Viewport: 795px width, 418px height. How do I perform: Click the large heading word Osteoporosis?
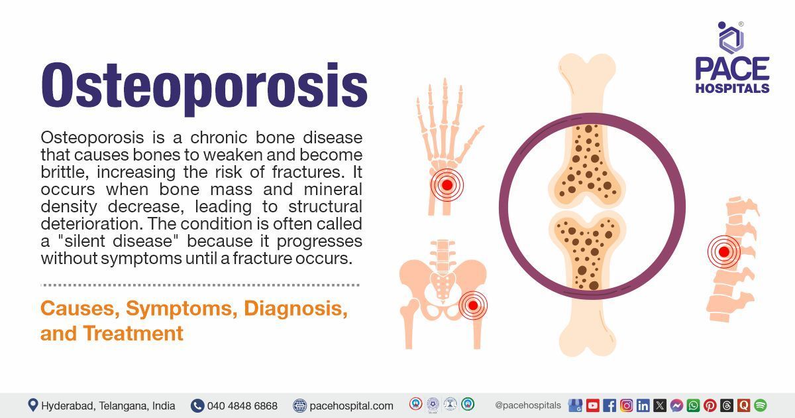(x=204, y=87)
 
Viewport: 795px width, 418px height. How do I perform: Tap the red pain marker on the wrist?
(x=447, y=185)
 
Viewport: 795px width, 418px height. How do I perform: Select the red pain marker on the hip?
(x=472, y=306)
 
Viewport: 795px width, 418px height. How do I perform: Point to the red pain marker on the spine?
(x=723, y=252)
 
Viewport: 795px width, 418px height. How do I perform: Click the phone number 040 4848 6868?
(x=242, y=405)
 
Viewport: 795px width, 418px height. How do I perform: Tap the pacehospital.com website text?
(x=351, y=405)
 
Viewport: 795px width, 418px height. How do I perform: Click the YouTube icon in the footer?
(x=592, y=405)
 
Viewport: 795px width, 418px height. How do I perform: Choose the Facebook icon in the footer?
(x=609, y=405)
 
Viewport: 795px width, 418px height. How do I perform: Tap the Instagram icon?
(x=626, y=405)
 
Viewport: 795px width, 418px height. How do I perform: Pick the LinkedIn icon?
(x=643, y=405)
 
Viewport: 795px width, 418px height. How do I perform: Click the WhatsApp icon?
(x=693, y=405)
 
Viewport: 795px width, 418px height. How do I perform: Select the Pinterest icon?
(x=710, y=405)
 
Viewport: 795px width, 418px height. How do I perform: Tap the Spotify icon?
(x=760, y=405)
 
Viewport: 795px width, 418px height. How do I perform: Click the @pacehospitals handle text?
(x=528, y=405)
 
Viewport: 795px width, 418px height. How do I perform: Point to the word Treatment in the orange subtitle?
(x=133, y=332)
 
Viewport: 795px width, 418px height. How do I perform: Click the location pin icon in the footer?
(x=32, y=405)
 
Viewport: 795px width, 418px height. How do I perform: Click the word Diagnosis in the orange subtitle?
(x=295, y=309)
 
